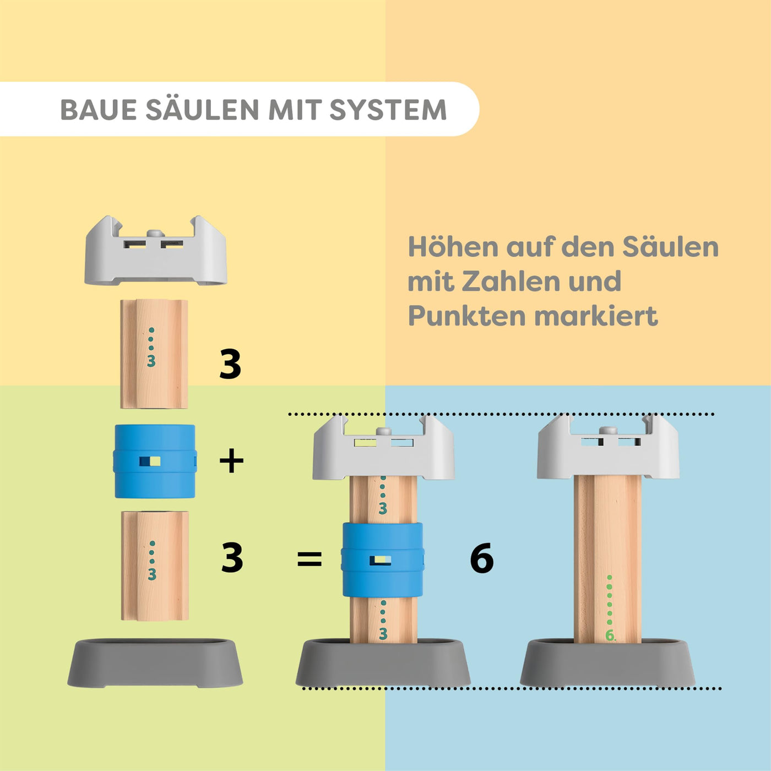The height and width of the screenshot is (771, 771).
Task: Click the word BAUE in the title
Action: pos(98,110)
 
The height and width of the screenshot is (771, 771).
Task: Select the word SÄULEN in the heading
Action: pos(202,110)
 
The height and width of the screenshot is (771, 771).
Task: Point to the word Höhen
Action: pos(453,247)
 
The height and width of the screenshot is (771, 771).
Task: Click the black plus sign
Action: pos(231,461)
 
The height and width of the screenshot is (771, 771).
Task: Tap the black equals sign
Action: pos(309,560)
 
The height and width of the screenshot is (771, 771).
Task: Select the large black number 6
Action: pos(482,559)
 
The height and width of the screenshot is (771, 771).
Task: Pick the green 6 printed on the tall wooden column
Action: pos(610,636)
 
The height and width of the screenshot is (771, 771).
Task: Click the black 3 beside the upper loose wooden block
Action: pos(230,365)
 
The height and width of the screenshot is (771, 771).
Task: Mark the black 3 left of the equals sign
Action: pos(232,558)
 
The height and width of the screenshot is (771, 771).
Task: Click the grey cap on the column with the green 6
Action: pos(608,449)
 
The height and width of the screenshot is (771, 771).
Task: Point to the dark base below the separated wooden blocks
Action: pos(155,663)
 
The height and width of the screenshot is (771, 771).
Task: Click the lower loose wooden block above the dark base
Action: pos(155,566)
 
